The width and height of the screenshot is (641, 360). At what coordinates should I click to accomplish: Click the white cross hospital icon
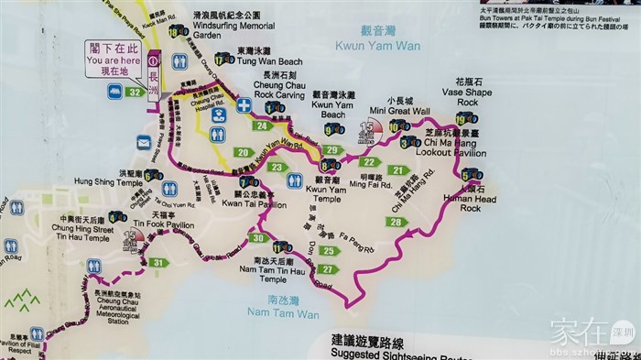[244, 104]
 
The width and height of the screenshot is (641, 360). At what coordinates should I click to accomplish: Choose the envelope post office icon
[144, 141]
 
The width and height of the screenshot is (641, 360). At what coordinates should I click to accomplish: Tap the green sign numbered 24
[264, 125]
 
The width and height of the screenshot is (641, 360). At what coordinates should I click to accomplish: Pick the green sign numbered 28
[396, 222]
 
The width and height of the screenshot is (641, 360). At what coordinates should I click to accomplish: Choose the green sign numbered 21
[397, 169]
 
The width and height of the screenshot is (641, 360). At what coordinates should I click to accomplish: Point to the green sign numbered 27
[327, 268]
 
